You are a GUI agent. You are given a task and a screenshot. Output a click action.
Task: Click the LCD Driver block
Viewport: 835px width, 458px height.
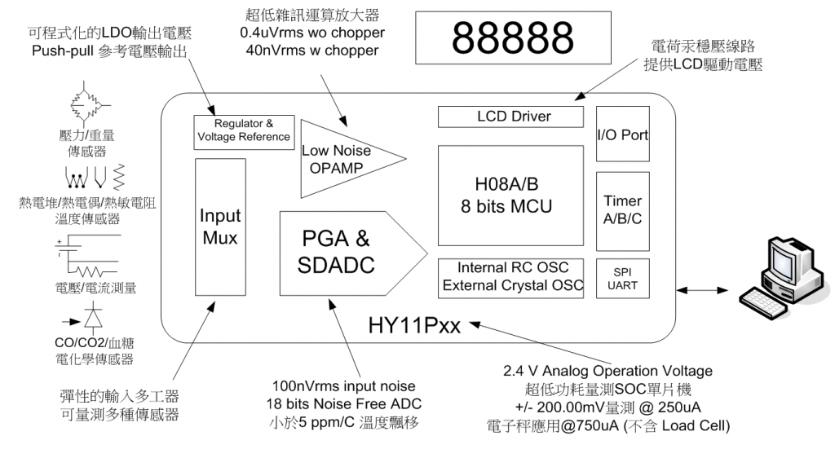click(511, 117)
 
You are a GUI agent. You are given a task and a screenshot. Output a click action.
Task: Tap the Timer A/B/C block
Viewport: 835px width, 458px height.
click(622, 209)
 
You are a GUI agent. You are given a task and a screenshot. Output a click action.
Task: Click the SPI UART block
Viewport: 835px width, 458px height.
click(622, 278)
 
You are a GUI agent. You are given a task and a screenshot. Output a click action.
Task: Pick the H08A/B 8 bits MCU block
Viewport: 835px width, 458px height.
click(511, 196)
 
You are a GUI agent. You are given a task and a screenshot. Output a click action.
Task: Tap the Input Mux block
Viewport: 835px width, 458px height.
click(221, 227)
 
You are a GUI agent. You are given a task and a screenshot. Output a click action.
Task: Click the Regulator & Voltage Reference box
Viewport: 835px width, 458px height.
click(242, 130)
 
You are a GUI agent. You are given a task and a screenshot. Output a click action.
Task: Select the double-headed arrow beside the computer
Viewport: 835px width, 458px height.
click(700, 287)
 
